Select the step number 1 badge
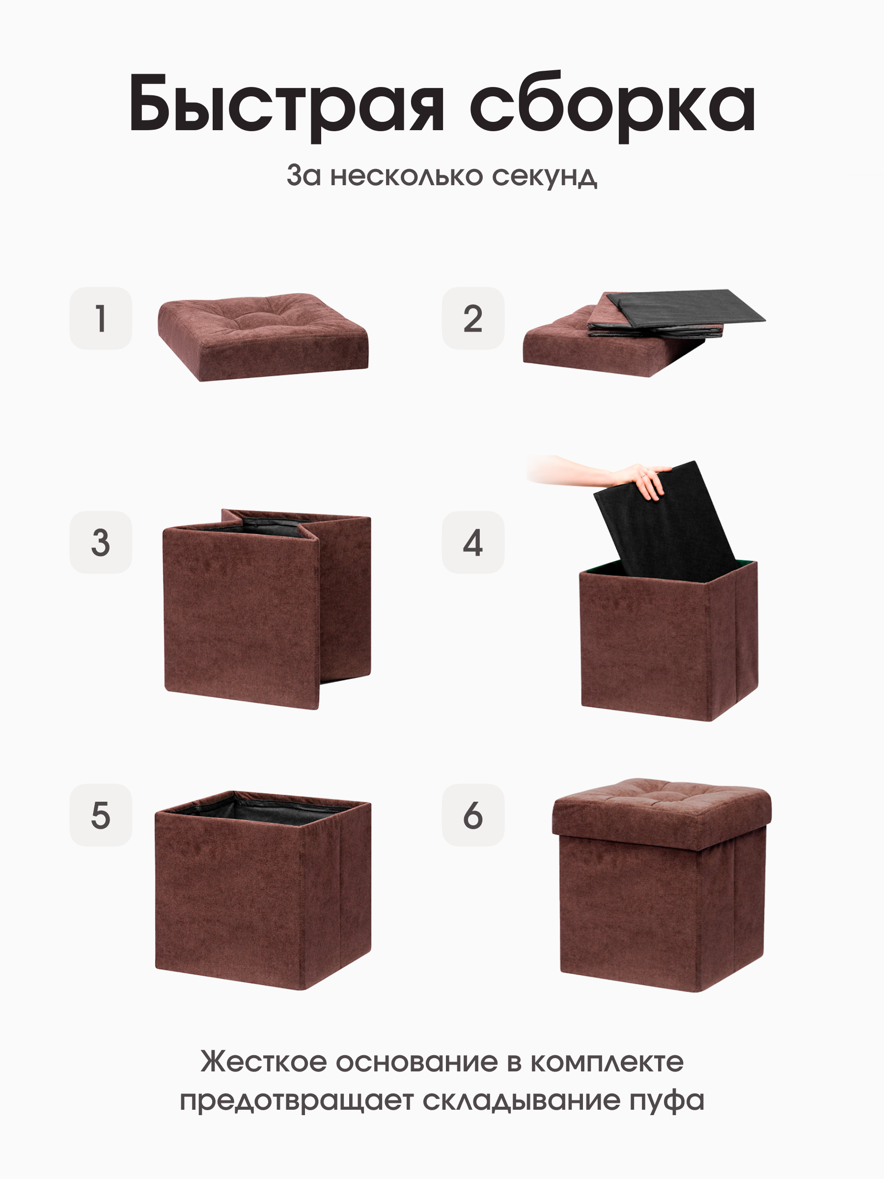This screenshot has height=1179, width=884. [101, 318]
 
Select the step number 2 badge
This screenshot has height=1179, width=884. [472, 318]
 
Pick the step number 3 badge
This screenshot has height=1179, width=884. [101, 542]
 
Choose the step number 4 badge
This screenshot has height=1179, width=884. [472, 542]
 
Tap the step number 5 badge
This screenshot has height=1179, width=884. [101, 815]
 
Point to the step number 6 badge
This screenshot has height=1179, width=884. [472, 815]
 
